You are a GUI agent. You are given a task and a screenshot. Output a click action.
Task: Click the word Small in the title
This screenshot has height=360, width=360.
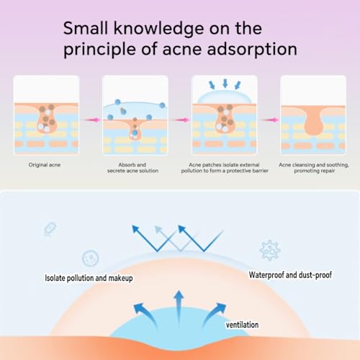click(x=86, y=28)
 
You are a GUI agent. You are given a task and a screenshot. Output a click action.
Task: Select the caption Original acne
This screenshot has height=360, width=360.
click(x=45, y=165)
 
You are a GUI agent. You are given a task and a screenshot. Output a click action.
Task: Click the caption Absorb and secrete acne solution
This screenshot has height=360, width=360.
click(x=132, y=168)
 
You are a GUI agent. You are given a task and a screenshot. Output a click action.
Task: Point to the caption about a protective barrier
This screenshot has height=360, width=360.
click(x=225, y=168)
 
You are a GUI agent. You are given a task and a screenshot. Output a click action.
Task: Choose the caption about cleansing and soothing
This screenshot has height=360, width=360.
click(x=314, y=168)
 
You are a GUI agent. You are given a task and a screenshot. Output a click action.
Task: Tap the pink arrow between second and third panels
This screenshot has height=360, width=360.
click(x=181, y=120)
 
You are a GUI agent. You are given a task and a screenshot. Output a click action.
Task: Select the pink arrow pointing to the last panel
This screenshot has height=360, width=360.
click(x=270, y=120)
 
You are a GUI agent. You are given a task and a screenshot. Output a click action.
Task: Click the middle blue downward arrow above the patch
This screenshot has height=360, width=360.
click(x=225, y=84)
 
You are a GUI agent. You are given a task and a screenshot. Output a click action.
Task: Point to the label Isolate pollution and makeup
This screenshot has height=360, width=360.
click(x=89, y=278)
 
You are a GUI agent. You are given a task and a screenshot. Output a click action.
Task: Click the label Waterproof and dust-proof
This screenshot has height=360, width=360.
click(x=290, y=275)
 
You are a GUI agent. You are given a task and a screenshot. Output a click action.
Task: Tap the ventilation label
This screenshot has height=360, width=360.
click(x=243, y=325)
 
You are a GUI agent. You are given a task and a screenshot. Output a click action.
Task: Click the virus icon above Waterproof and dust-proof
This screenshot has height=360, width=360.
click(x=270, y=250)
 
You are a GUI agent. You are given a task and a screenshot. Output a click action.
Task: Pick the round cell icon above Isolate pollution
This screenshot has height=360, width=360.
click(x=91, y=258)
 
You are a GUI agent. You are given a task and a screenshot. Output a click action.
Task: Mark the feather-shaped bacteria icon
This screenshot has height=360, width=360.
click(x=50, y=229)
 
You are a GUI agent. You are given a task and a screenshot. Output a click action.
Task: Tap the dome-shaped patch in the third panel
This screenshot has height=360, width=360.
click(x=225, y=97)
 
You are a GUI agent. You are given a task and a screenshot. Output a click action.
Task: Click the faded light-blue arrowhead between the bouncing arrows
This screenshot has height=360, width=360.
click(x=159, y=230)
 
